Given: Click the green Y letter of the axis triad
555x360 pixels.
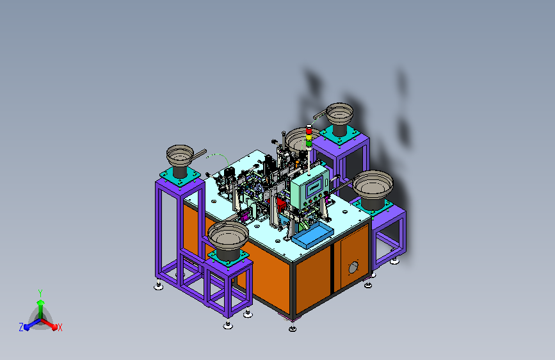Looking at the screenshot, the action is (40, 293).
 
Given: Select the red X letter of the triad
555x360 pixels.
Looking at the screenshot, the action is (60, 327).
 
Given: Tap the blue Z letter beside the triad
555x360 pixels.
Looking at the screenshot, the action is (21, 327).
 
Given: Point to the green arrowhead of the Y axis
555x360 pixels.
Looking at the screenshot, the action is (40, 302).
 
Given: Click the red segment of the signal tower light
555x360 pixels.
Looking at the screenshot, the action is (309, 131).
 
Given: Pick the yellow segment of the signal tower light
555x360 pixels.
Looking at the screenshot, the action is (309, 137).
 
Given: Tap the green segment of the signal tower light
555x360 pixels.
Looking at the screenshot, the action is (309, 143).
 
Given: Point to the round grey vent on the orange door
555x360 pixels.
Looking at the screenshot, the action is (353, 268).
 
